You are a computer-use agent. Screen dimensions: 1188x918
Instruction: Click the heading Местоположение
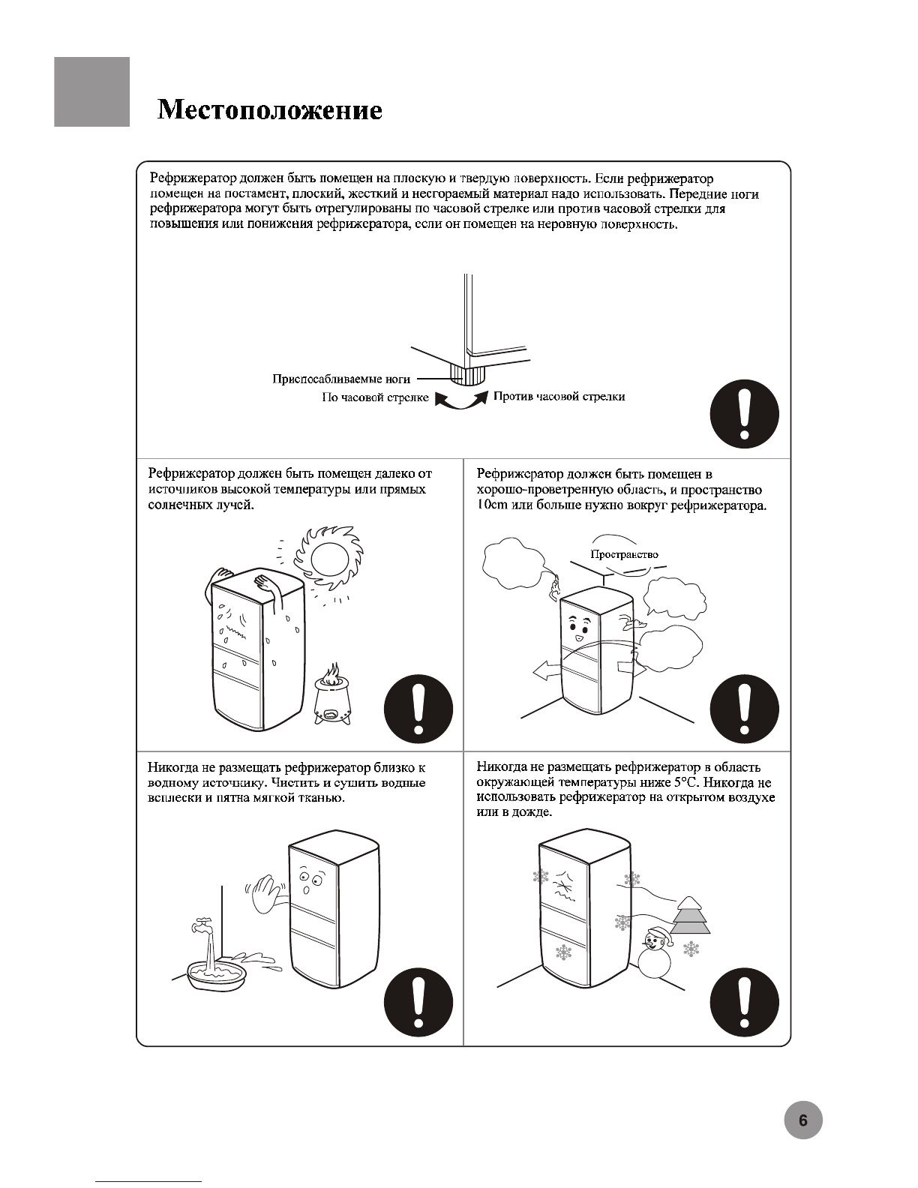point(270,110)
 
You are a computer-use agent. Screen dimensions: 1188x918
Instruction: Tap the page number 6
point(802,1121)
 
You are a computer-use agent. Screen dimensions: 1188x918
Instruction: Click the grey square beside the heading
point(91,91)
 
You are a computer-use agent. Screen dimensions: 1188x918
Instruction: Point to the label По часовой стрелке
point(375,397)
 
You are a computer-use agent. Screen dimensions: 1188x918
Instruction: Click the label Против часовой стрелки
point(559,396)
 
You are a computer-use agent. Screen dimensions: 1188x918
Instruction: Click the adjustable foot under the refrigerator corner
point(459,373)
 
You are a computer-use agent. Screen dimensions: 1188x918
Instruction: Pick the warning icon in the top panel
point(744,414)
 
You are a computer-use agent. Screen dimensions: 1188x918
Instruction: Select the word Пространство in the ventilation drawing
point(624,554)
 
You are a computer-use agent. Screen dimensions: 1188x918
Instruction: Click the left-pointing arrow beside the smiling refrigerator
point(546,670)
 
